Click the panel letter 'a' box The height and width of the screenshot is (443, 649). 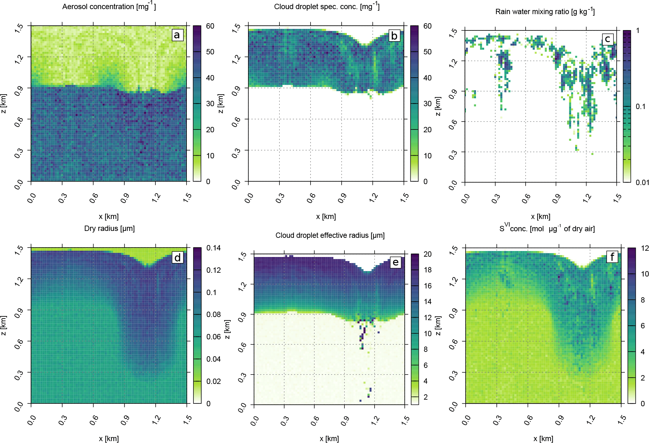pos(177,35)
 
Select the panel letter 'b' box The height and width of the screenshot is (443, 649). pos(394,36)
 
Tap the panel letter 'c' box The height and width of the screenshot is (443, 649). pos(608,39)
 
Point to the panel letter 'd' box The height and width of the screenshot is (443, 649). pos(177,258)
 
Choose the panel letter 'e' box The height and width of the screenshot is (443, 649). pos(396,262)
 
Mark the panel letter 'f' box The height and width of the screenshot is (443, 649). pos(612,257)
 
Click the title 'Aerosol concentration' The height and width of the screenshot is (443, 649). pos(109,7)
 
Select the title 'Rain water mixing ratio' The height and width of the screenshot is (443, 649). pos(545,12)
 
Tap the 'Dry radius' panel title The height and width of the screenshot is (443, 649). pos(109,228)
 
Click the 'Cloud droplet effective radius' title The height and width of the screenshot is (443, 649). pos(330,235)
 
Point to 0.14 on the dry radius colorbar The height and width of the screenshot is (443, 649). pos(214,248)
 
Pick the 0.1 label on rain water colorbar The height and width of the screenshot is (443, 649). pos(641,107)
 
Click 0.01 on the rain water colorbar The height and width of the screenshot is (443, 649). pos(642,183)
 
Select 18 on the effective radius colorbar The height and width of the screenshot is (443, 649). pos(428,270)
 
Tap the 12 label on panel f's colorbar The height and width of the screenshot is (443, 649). pos(645,248)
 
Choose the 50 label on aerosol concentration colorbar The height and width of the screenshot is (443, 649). pos(210,52)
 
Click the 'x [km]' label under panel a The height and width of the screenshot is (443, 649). pos(109,216)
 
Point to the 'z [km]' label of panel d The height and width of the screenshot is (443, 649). pos(3,325)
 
